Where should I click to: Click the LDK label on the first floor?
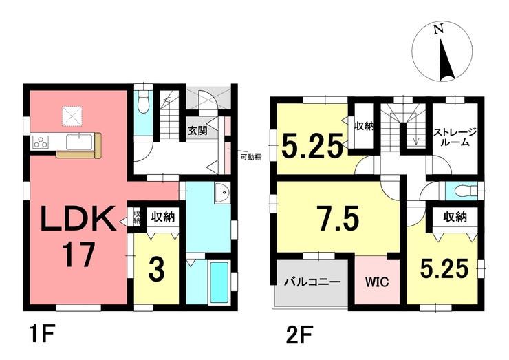pos(78,218)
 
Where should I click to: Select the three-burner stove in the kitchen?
pos(41,142)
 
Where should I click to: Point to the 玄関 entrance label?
pos(197,131)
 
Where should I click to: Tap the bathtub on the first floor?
pos(219,282)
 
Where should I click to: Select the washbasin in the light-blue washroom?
pos(222,192)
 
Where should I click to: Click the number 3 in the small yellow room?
pos(157,270)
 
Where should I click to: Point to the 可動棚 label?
pos(251,157)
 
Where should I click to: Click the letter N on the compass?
pos(438,30)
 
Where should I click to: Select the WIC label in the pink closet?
pos(377,282)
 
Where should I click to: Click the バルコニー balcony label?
pos(312,282)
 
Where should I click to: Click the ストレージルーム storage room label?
pos(455,137)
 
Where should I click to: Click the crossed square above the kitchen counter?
pos(73,116)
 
